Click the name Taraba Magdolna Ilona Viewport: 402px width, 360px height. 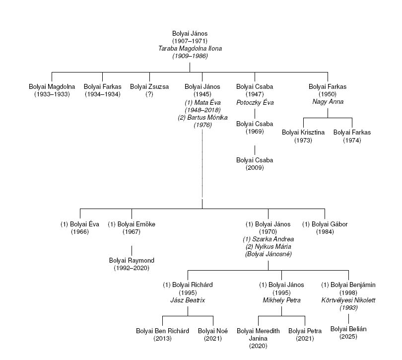pos(190,49)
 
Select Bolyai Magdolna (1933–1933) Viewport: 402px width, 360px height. pos(52,86)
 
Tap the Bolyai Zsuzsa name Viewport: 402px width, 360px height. pos(149,86)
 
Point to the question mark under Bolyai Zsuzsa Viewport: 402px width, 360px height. pos(149,94)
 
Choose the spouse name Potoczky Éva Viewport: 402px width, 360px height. pos(255,102)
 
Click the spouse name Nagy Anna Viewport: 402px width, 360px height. pos(327,102)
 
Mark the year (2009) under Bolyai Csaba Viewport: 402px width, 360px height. pos(255,168)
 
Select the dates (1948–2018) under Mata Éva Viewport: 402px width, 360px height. pos(202,110)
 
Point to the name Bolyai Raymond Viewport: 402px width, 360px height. pos(132,260)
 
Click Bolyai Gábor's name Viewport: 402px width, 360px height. pos(325,224)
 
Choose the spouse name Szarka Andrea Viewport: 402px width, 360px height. pos(268,239)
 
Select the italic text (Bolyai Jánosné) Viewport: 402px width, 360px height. pos(268,254)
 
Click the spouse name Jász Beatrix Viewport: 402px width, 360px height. pos(188,300)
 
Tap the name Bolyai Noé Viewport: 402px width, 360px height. pos(213,331)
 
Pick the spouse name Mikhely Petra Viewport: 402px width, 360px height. pos(282,300)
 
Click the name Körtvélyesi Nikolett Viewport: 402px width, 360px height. pos(349,300)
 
